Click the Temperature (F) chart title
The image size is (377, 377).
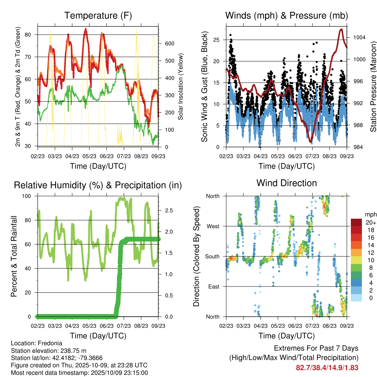[98, 15]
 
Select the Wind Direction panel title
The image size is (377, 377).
[286, 183]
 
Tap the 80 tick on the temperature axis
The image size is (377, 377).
[32, 35]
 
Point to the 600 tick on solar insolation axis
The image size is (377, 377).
[169, 43]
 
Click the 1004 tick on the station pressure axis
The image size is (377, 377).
[359, 38]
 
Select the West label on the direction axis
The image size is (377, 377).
[212, 226]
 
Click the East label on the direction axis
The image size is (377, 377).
[213, 286]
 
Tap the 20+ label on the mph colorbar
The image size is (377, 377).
[370, 222]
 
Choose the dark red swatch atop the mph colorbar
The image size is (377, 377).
[357, 222]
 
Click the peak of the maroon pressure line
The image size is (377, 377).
[342, 29]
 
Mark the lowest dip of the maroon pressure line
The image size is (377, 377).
[311, 142]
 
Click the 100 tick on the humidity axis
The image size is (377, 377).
[29, 196]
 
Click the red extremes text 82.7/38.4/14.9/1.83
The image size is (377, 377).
[327, 367]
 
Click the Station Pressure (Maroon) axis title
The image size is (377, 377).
[373, 86]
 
